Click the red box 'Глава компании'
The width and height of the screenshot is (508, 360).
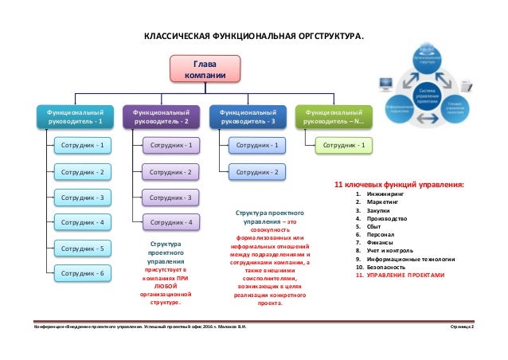point(201,68)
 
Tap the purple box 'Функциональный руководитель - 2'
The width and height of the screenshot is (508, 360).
point(161,117)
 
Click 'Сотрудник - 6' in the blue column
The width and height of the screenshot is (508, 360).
point(83,273)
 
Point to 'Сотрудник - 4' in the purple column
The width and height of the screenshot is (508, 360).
point(171,222)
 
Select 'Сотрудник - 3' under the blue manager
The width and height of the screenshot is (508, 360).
point(83,197)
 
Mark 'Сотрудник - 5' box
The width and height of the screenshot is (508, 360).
point(83,248)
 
